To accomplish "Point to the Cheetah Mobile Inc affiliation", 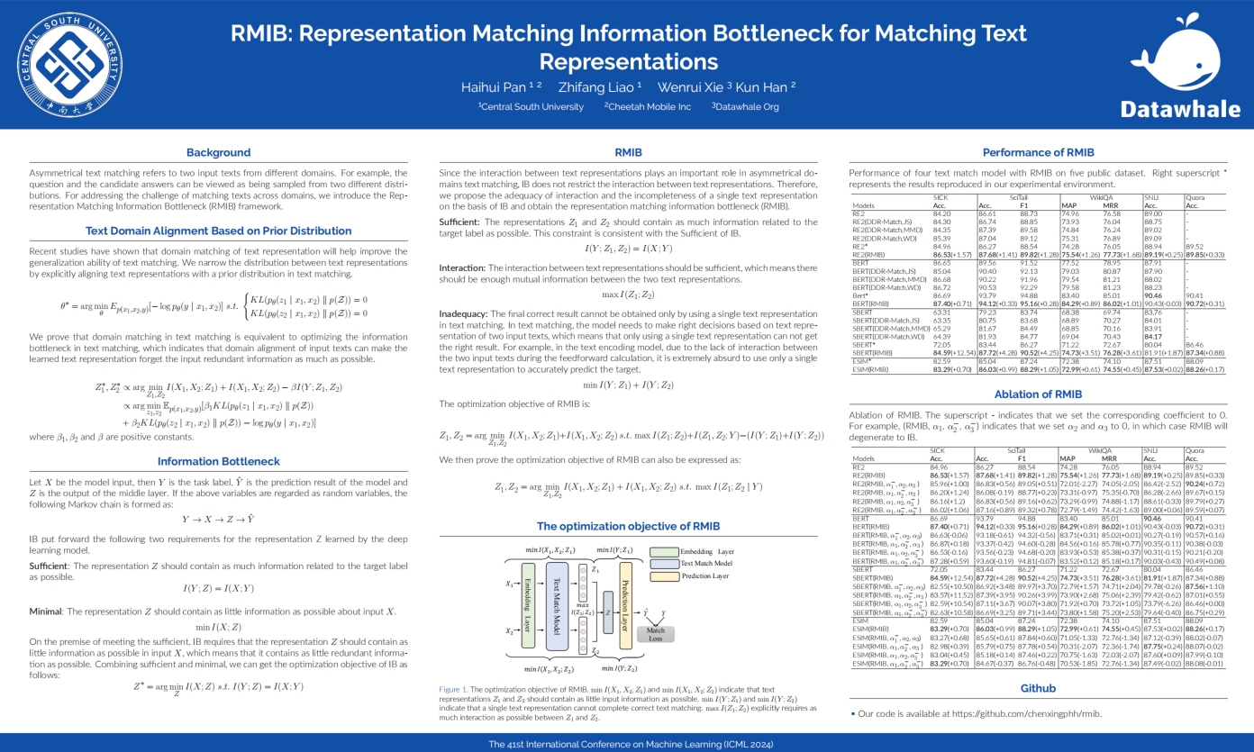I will tap(647, 106).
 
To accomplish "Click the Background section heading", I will tap(218, 152).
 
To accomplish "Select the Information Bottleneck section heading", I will tap(218, 461).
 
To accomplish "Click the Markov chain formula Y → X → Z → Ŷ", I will tap(218, 520).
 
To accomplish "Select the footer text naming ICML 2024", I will tap(626, 744).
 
